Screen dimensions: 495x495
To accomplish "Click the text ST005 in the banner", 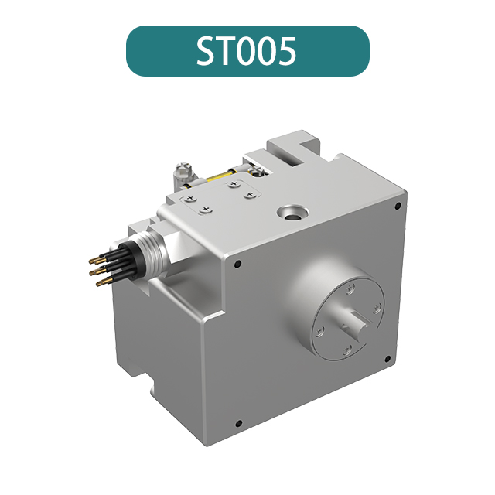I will click(247, 51).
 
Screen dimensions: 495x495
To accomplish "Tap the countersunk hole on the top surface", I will click(293, 210).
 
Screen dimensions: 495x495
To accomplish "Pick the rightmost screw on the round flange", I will click(377, 308).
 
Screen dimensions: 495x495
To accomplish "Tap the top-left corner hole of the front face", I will click(237, 265).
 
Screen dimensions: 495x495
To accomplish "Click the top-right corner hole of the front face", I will click(398, 207).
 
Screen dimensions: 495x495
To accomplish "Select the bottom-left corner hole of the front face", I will click(238, 423).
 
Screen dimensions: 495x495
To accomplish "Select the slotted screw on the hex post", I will click(183, 169).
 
